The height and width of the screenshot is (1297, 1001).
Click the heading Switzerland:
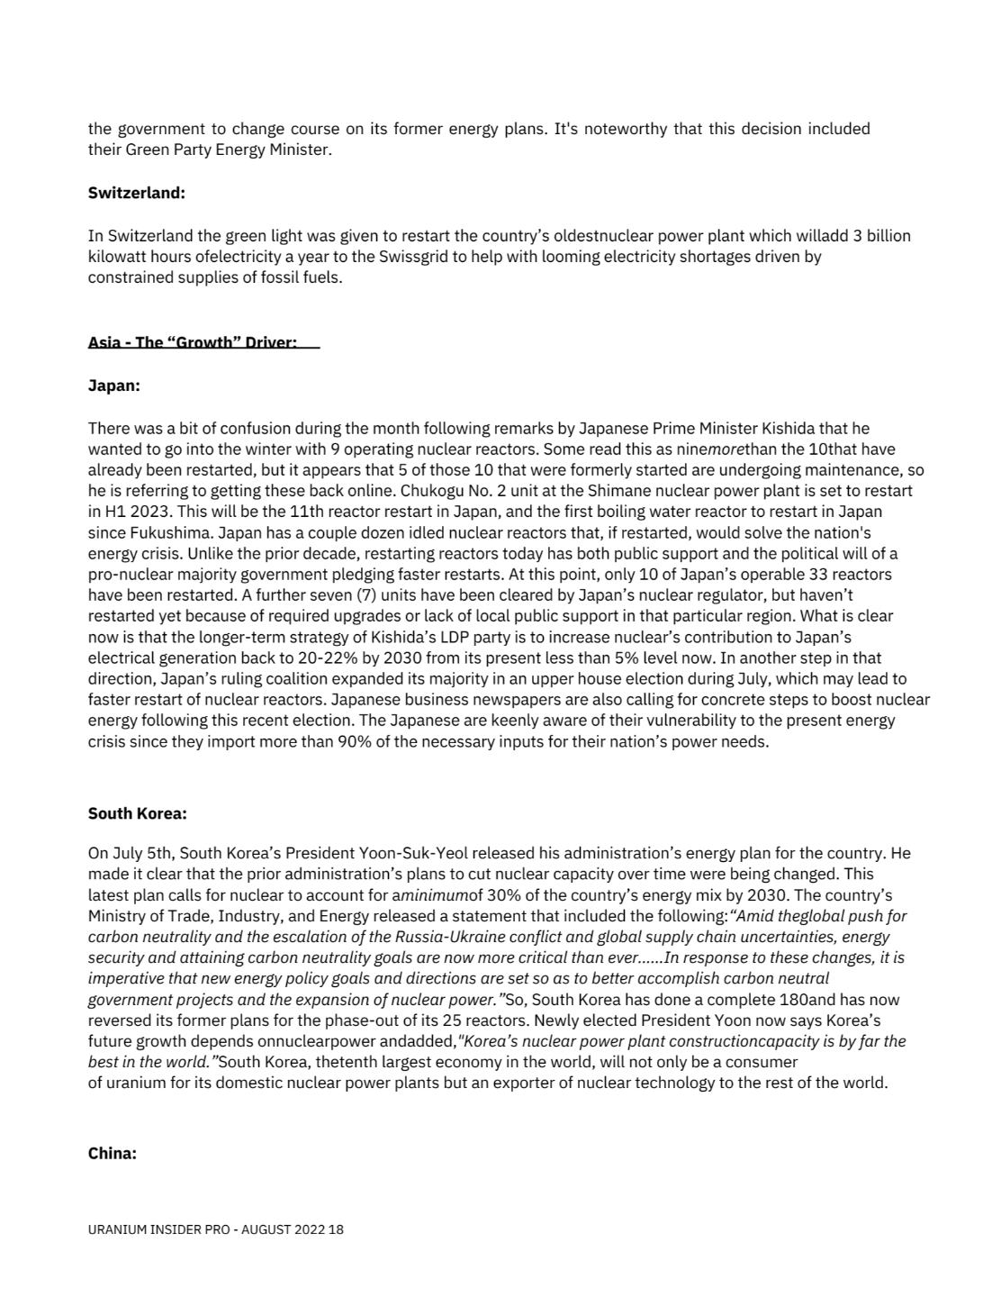[136, 193]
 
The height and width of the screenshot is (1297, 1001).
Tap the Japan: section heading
[114, 385]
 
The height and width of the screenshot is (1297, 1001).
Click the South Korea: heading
[137, 813]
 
